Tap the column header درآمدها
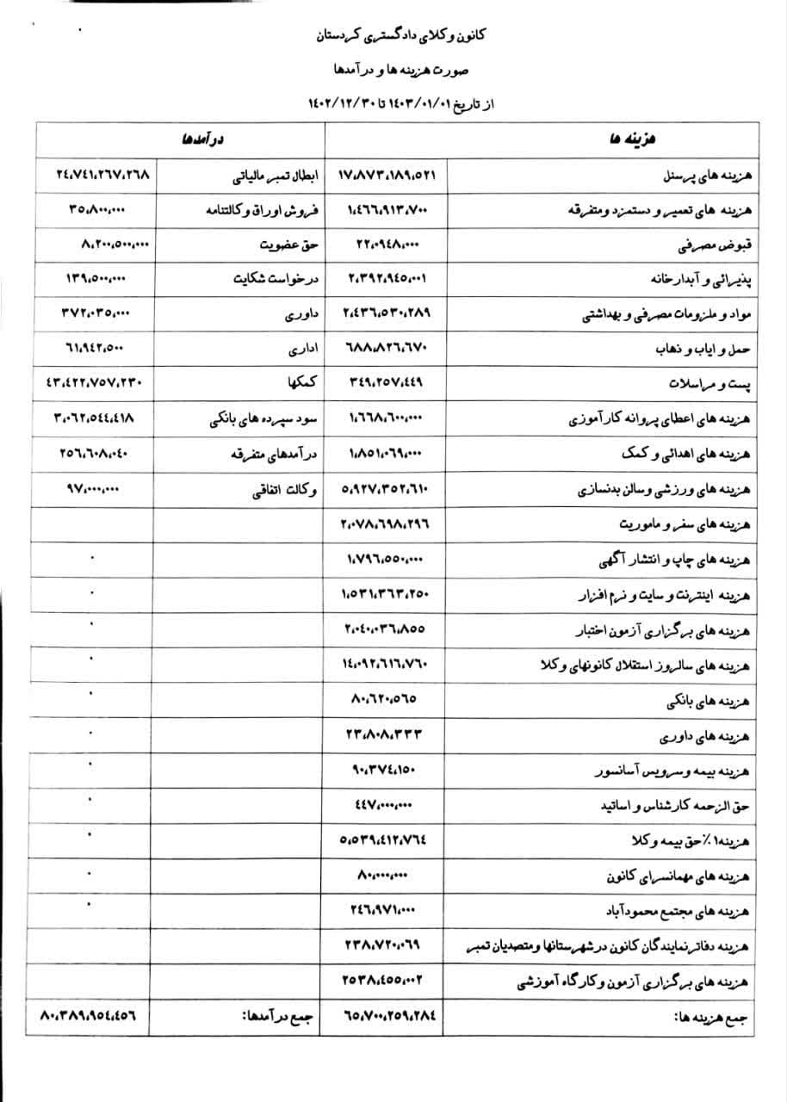[201, 140]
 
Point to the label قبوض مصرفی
[719, 245]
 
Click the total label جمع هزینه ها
[711, 1017]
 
